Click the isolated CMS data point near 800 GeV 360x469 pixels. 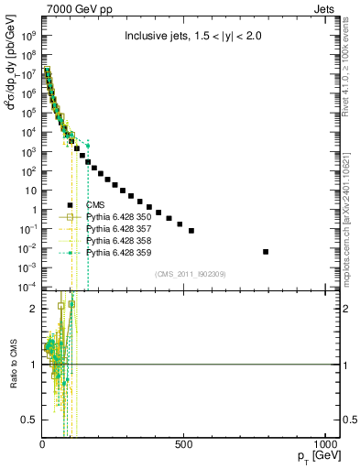pos(291,251)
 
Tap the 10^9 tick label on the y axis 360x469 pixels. pos(30,36)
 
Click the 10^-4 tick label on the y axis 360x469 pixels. pos(29,287)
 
